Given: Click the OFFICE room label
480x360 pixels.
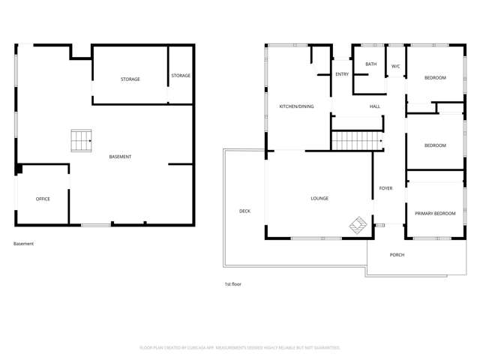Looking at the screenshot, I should (x=43, y=199).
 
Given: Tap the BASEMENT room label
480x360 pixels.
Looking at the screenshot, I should (x=120, y=157).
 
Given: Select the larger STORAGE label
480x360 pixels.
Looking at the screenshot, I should (x=130, y=79).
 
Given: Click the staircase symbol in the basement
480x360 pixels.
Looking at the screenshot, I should (x=81, y=140).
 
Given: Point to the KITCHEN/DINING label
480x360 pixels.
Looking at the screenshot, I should (x=296, y=106).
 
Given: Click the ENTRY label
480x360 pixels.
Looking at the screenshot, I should (x=342, y=74).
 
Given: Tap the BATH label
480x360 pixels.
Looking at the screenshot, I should (x=371, y=64).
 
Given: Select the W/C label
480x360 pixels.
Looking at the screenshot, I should (x=395, y=67).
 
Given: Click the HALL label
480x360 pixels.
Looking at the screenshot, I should (x=375, y=106).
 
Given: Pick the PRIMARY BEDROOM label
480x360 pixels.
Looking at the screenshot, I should (x=435, y=214).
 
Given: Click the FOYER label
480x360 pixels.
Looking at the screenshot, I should (x=385, y=188).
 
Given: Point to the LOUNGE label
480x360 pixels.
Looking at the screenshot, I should (x=319, y=199).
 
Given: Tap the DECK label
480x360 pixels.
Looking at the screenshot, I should (x=244, y=211).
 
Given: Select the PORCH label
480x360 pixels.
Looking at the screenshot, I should (x=397, y=255).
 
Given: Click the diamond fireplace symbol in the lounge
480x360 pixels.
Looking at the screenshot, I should (x=358, y=225).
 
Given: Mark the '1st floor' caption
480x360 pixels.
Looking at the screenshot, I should (x=232, y=284).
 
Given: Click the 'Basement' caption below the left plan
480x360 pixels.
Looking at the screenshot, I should (x=23, y=244).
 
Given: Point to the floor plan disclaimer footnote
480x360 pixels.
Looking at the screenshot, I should (x=240, y=348).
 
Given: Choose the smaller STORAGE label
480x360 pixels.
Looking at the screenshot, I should (x=181, y=76).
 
